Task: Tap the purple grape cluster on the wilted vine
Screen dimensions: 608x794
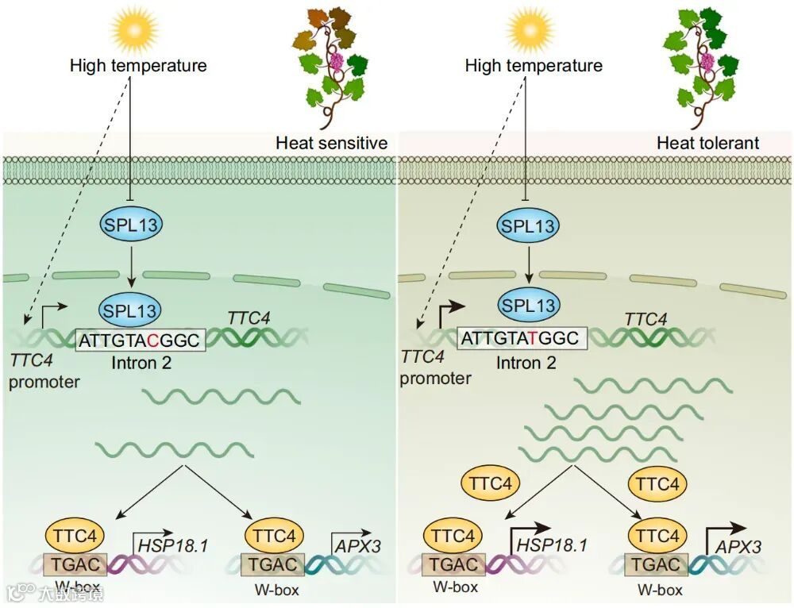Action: (x=336, y=60)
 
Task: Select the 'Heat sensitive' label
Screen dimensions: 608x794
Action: (x=331, y=143)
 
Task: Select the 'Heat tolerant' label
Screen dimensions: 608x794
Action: (x=707, y=143)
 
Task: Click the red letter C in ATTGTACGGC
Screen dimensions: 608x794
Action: (x=152, y=340)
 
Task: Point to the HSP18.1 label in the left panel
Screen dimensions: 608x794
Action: (x=172, y=545)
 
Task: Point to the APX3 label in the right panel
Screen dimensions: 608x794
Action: (x=738, y=546)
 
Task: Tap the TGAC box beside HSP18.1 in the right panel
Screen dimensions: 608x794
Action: (x=455, y=564)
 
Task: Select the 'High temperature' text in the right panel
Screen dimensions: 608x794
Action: (x=534, y=65)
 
